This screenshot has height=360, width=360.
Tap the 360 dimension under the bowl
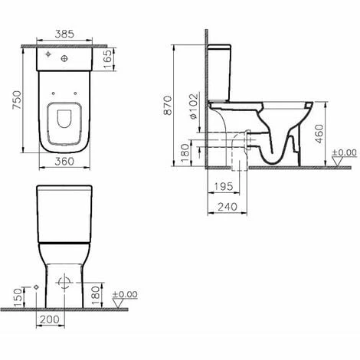[65, 161]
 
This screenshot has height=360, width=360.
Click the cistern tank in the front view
[65, 214]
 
